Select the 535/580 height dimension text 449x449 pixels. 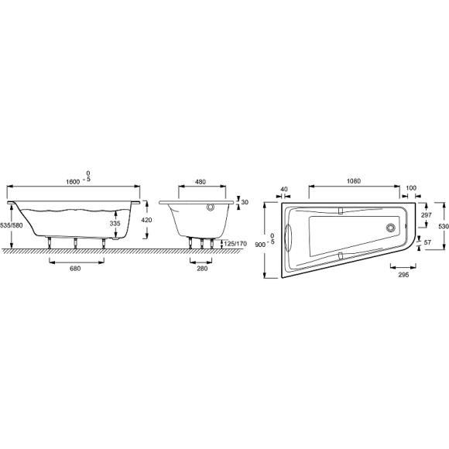click(12, 224)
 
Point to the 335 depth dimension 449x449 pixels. click(114, 223)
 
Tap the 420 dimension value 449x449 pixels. click(147, 221)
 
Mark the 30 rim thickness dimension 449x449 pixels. click(245, 202)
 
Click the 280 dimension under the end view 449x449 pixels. click(201, 268)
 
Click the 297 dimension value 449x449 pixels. click(425, 215)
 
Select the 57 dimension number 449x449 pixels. click(428, 242)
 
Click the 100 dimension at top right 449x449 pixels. click(410, 188)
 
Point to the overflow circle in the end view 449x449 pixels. click(210, 207)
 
